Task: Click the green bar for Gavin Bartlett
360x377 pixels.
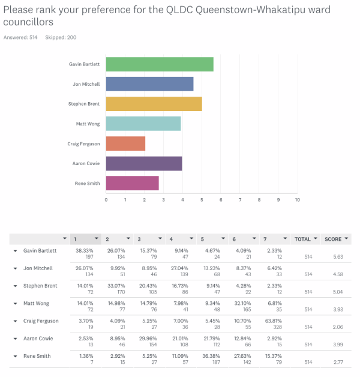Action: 160,64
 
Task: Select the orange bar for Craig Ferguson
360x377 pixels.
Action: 125,143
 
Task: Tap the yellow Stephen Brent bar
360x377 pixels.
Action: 154,104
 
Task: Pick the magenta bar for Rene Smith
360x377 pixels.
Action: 132,183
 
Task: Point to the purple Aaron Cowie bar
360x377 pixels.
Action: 144,163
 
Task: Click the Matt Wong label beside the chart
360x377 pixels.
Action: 88,124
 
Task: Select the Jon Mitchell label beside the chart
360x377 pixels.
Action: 86,84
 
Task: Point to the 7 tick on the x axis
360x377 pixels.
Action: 240,200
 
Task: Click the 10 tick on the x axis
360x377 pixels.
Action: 297,200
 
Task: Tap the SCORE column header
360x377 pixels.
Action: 333,240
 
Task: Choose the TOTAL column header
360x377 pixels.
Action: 302,240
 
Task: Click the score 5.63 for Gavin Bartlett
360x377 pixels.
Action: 338,257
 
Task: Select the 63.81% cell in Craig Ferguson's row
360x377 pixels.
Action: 274,321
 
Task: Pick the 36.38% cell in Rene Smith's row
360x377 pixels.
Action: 211,356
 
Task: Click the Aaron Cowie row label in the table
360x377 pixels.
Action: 38,339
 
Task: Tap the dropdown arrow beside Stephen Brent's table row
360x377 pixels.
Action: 16,286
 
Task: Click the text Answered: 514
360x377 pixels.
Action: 20,37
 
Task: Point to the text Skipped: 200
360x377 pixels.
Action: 61,37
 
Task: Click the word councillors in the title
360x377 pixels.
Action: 28,22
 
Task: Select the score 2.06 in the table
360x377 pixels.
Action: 338,327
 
